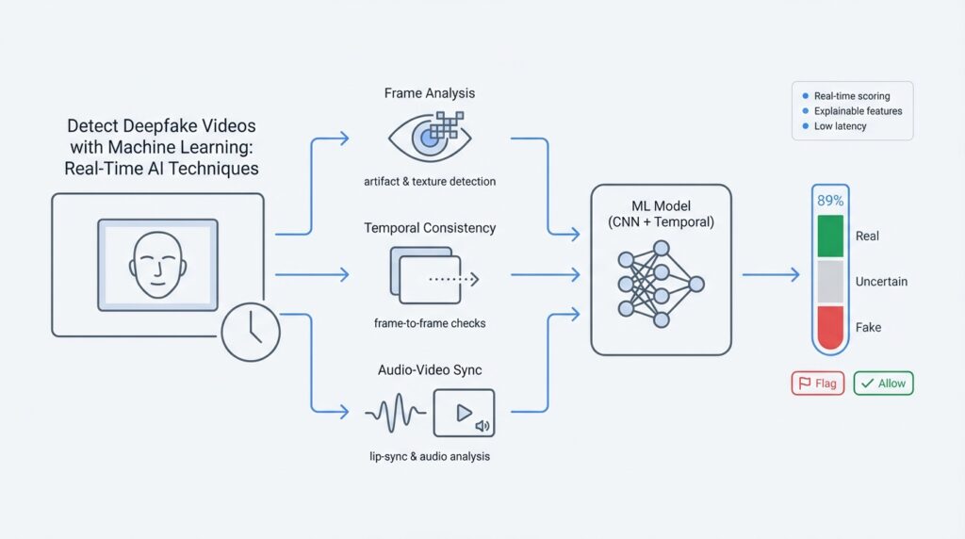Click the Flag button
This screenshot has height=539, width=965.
click(818, 384)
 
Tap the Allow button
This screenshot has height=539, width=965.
click(883, 384)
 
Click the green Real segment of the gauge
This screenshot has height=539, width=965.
click(829, 236)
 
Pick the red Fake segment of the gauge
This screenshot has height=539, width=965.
click(829, 327)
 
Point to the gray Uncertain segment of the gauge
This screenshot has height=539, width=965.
click(829, 281)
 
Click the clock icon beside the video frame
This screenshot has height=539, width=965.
click(251, 332)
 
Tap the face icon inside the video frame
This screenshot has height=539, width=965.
click(157, 264)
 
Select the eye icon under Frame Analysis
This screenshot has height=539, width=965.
click(429, 138)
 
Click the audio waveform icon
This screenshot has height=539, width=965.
click(393, 414)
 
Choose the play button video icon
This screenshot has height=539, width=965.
click(464, 414)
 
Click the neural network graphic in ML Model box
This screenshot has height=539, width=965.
click(661, 284)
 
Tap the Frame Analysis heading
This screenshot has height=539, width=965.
click(430, 93)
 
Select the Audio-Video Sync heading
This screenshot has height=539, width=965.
click(430, 371)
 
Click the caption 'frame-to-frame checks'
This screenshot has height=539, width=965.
click(430, 323)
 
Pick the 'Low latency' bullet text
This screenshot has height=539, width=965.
click(840, 126)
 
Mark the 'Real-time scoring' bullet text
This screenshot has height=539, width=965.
click(851, 96)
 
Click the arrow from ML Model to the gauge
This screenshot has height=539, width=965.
click(770, 275)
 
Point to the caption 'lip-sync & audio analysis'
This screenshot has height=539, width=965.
click(430, 456)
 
